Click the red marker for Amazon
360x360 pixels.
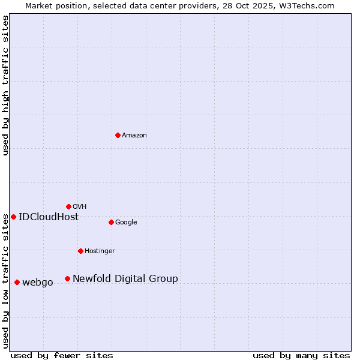coord(118,135)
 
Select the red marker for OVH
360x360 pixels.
coord(68,206)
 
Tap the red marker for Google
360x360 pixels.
coord(111,222)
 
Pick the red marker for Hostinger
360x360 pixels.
coord(80,251)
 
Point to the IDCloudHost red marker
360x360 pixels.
coord(13,217)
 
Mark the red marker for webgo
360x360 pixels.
coord(17,282)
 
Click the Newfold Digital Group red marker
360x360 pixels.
coord(67,278)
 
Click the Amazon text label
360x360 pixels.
coord(134,136)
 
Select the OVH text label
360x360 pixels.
coord(80,207)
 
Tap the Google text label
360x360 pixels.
coord(126,223)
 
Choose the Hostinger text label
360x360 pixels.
coord(100,251)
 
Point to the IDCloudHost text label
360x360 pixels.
coord(49,217)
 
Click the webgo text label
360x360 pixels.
coord(38,283)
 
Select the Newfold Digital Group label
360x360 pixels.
coord(125,279)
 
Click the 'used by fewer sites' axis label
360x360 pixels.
coord(62,355)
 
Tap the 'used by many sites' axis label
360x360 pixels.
coord(301,355)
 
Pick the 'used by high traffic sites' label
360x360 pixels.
coord(6,85)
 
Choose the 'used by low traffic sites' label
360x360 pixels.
coord(6,281)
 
